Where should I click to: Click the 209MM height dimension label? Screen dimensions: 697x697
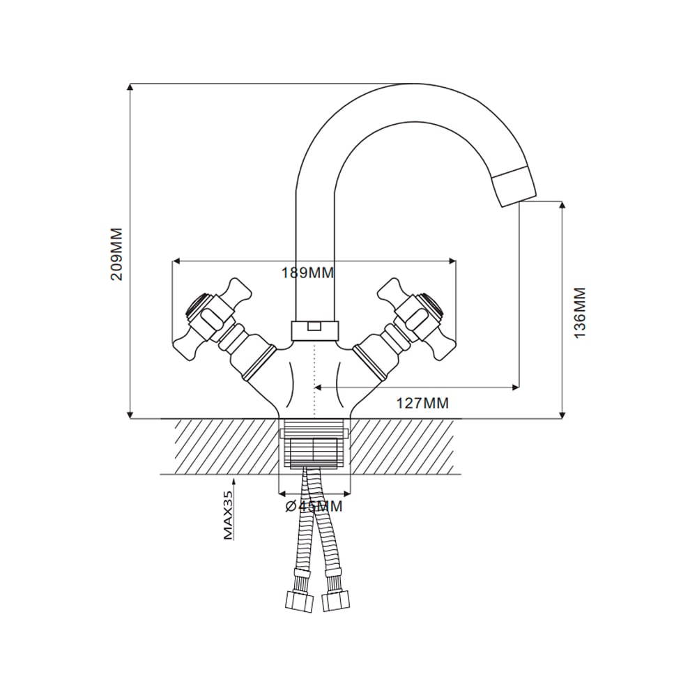pos(116,254)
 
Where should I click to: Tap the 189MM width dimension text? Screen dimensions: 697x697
pos(307,273)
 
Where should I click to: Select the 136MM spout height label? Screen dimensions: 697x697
pos(580,312)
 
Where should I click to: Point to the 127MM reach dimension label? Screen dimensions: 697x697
pos(422,403)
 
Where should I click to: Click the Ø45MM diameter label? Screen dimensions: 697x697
pos(314,506)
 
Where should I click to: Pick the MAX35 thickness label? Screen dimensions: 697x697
pos(228,516)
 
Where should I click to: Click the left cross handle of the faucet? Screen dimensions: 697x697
pos(212,319)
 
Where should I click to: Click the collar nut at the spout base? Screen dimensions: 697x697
pos(314,332)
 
